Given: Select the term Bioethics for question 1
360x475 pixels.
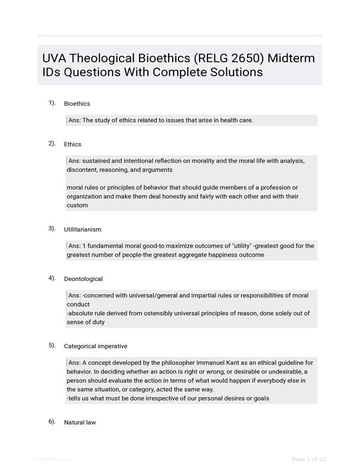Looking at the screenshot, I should (77, 104).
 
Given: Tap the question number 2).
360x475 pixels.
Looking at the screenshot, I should (52, 144).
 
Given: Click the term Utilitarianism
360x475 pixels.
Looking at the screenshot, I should (83, 229).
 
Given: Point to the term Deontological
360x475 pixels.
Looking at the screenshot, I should (83, 279).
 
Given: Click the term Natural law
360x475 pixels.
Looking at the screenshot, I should (80, 423).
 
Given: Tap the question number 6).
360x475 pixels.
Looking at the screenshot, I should (52, 422).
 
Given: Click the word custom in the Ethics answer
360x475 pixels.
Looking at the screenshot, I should (77, 205).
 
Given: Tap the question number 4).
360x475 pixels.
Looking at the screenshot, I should (52, 278).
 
